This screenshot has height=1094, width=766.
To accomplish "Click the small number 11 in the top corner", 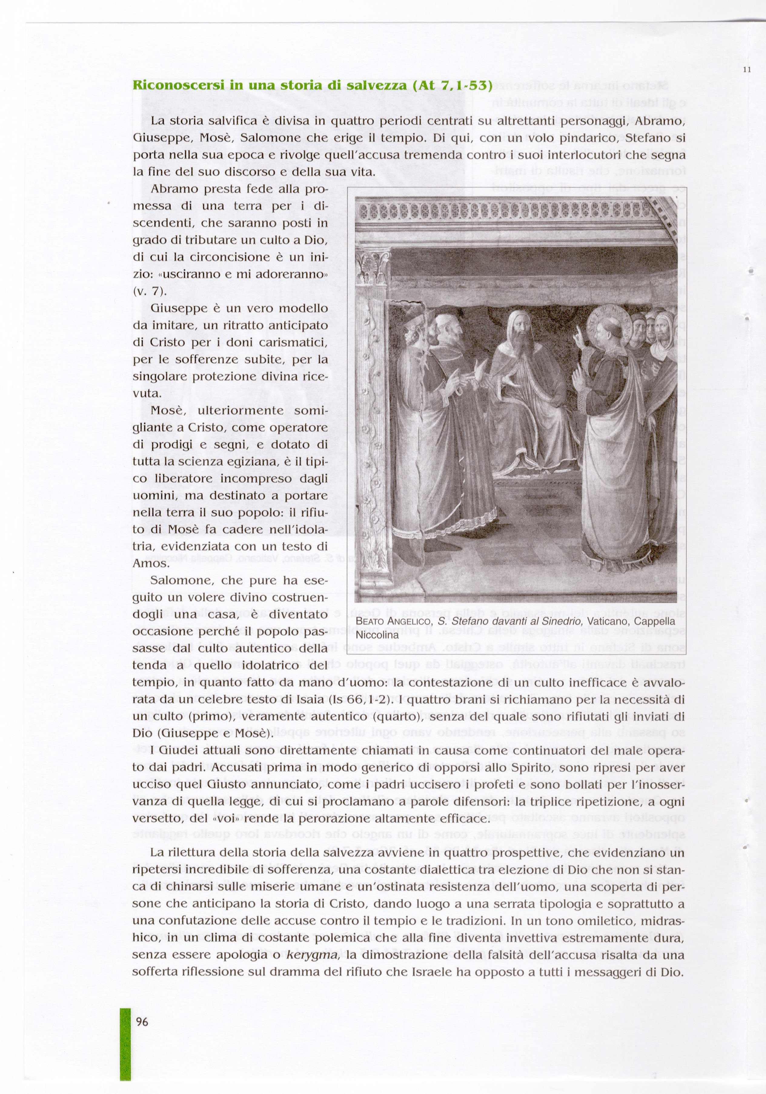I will point(747,70).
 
